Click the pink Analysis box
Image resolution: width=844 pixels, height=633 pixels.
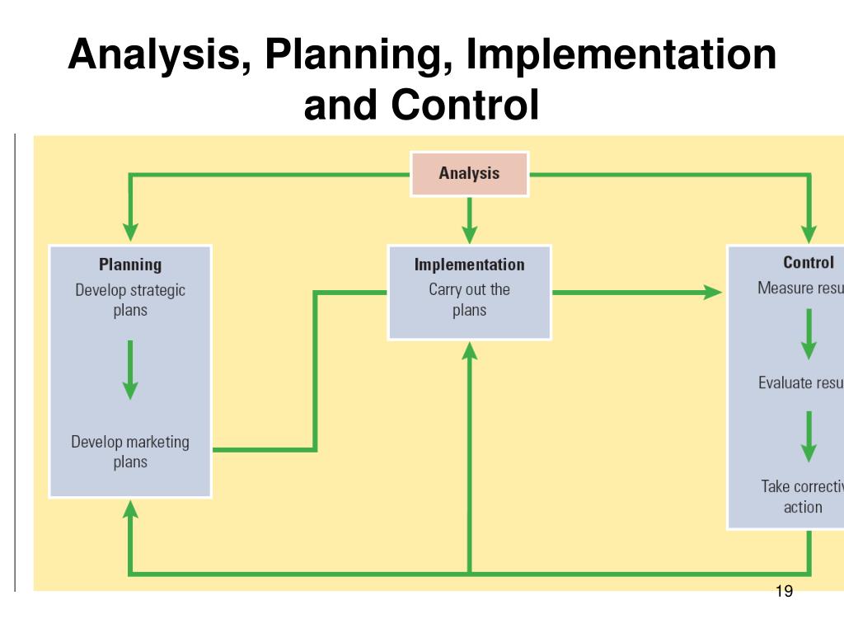469,174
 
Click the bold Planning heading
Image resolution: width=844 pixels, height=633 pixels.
130,265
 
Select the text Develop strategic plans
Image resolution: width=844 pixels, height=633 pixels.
130,300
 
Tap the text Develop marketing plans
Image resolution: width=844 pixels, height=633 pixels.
130,452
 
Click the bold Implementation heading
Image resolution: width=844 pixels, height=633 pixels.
469,265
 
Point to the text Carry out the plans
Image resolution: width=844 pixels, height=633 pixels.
469,300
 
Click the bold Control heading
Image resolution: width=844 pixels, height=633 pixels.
808,263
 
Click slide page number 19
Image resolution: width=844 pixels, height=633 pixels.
784,592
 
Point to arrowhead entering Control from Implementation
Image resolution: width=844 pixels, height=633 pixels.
711,291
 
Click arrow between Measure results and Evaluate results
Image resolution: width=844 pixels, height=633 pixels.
809,333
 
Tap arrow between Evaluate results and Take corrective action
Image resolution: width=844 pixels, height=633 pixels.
809,436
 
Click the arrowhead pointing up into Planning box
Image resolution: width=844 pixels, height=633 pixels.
130,510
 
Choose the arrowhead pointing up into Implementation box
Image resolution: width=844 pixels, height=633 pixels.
469,352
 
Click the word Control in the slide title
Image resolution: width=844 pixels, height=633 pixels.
467,105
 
